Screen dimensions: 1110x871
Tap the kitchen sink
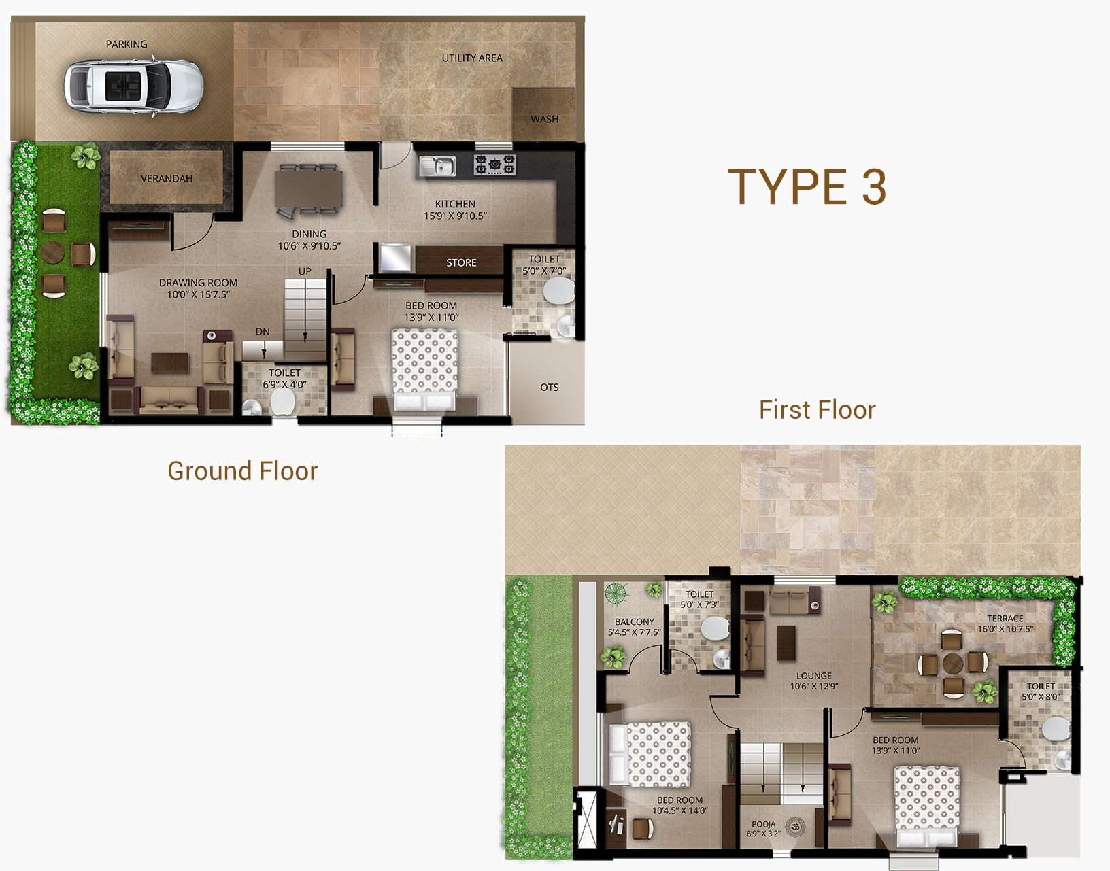pos(437,167)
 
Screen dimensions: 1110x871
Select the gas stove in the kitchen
pos(494,165)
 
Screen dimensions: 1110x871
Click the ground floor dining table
pos(309,188)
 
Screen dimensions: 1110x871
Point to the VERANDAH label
pos(167,179)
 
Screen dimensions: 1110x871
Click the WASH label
pos(545,119)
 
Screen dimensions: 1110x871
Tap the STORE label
pos(461,262)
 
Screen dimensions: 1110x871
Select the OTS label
pos(549,388)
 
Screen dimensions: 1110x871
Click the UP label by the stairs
pos(305,271)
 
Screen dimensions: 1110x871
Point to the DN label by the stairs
pos(263,331)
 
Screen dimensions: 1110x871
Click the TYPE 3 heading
pos(807,187)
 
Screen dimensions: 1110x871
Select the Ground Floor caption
pos(243,471)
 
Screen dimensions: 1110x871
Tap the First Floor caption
pos(818,409)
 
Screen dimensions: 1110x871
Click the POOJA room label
pos(764,824)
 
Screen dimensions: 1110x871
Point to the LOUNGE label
pos(813,675)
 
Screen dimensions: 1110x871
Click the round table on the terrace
pos(953,664)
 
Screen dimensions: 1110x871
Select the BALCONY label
pos(635,622)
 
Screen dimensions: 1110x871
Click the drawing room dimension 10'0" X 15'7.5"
pos(199,294)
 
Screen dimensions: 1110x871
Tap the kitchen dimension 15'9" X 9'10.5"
pos(455,216)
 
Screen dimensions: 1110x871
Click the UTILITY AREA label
pos(472,58)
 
